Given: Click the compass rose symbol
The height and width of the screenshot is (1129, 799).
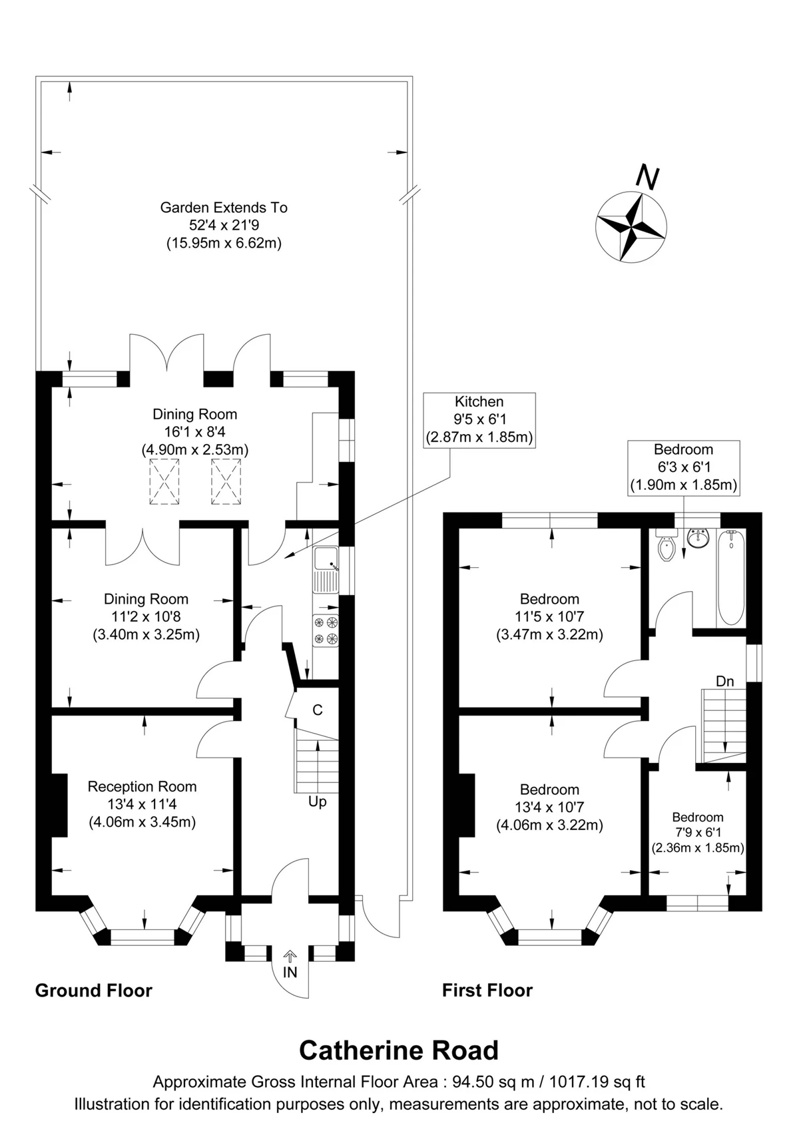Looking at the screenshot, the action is [631, 227].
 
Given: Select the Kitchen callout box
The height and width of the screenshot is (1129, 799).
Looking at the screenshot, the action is [479, 420].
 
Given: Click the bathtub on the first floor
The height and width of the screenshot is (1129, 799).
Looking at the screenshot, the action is [731, 578].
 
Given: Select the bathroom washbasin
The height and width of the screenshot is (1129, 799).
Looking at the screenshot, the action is [698, 539].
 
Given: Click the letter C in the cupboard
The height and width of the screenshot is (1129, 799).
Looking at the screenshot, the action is [318, 710].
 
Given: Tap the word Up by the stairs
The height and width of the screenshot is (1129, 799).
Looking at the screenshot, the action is [318, 801].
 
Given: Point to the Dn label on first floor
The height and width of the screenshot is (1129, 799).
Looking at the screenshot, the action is [725, 682].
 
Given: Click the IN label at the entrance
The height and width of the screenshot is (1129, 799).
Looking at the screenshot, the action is [290, 972].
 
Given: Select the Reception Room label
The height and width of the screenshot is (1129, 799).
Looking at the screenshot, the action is [142, 786].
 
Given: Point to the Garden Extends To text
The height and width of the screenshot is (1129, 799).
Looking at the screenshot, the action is [224, 208].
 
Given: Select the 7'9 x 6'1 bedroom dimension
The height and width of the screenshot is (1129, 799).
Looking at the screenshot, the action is [698, 832].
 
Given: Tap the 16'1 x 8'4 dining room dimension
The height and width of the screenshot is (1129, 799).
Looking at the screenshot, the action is [194, 432].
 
